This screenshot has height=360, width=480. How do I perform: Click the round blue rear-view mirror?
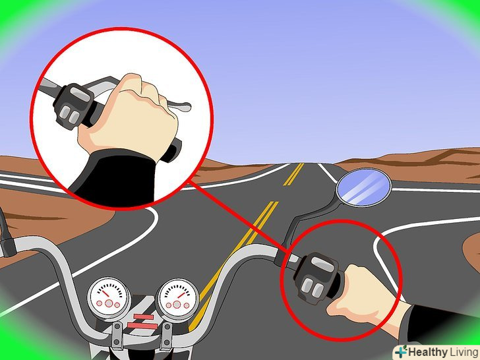[364, 187]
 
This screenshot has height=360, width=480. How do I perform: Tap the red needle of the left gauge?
[105, 293]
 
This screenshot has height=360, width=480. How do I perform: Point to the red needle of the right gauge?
[181, 295]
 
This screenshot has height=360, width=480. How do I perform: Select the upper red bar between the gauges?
[143, 316]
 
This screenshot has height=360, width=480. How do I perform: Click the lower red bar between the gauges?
[142, 326]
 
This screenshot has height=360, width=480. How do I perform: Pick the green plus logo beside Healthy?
[401, 351]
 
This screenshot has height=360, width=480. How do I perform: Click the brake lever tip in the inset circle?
[186, 107]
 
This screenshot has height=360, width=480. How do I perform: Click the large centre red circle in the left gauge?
[109, 303]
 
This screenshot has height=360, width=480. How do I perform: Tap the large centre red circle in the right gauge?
[177, 305]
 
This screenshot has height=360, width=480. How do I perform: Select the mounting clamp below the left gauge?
[117, 337]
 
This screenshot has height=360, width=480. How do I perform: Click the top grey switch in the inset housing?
[80, 93]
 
